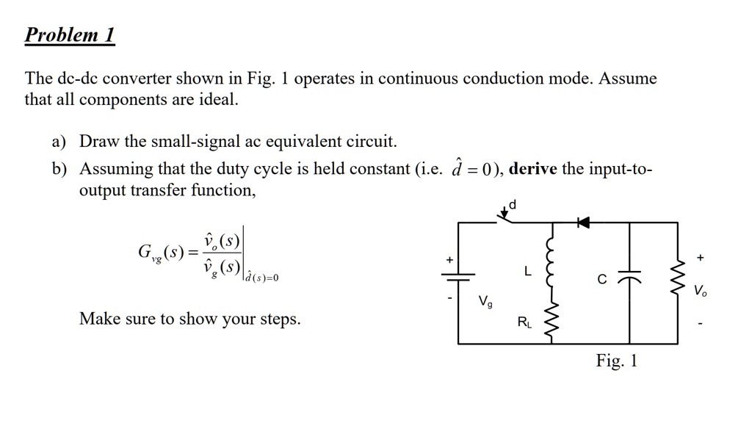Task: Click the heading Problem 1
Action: (70, 35)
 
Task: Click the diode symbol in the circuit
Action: (583, 222)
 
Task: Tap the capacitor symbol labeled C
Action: (629, 279)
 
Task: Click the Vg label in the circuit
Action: (485, 301)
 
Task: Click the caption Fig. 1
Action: (617, 361)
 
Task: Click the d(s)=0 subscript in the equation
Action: (262, 278)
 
